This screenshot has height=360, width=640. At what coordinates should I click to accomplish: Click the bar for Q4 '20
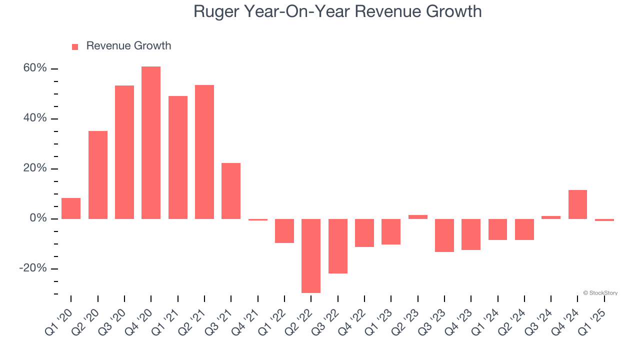pos(151,142)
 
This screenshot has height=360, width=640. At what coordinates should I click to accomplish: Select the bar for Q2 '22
pos(311,255)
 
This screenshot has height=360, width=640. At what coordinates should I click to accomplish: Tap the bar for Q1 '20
pos(71,208)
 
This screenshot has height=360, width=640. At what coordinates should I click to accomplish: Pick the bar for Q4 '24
pos(577,204)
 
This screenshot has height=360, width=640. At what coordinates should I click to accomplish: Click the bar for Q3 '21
pos(231,191)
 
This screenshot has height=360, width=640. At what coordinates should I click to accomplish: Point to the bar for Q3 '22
pos(337,246)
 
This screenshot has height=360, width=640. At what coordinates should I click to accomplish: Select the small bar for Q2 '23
pos(417,217)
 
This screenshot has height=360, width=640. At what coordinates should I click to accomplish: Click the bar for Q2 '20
pos(98,175)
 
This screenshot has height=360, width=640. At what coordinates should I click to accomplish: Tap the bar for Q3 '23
pos(444,235)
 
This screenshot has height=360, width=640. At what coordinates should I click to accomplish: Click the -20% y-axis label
pos(33,268)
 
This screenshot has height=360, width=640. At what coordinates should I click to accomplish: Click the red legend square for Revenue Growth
pos(75,47)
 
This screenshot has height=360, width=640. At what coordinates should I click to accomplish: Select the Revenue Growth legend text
pos(128,46)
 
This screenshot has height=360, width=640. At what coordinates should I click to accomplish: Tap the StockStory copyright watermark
pos(600,293)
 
